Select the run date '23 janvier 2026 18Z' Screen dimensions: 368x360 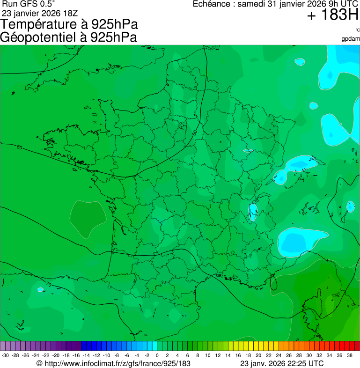coord(39,13)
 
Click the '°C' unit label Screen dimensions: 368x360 coord(357,30)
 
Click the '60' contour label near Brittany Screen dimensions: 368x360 coord(19,148)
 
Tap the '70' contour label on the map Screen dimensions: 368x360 coord(48,285)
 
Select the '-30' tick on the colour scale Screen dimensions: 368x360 coord(5,355)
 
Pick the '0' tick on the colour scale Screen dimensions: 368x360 coord(156,355)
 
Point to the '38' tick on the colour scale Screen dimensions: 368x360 coord(349,355)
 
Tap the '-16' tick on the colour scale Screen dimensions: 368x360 coord(76,355)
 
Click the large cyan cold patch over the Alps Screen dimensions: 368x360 coord(298,241)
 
